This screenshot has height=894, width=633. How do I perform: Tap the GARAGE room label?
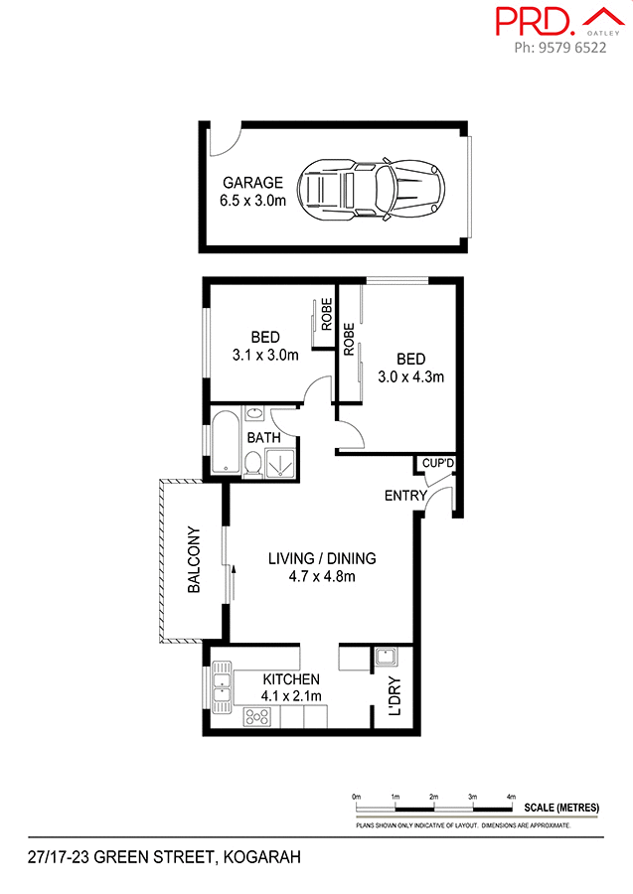[x=252, y=183]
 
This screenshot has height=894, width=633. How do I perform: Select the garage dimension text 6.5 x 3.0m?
[x=252, y=200]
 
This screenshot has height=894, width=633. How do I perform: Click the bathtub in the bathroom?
[x=223, y=445]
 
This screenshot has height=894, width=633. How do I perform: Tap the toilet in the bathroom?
[x=253, y=464]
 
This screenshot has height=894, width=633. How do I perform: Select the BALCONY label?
[x=195, y=560]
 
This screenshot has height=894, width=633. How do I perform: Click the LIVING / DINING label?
[x=322, y=558]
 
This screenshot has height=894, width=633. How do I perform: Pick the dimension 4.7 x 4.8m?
[x=322, y=576]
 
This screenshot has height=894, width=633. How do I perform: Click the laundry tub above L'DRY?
[x=386, y=656]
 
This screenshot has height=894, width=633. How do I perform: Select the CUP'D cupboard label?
[x=437, y=464]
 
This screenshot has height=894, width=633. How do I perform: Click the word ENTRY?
[x=405, y=496]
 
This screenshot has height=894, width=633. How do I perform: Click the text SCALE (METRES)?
[x=561, y=808]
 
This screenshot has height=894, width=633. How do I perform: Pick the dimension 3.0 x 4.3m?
[x=410, y=376]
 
